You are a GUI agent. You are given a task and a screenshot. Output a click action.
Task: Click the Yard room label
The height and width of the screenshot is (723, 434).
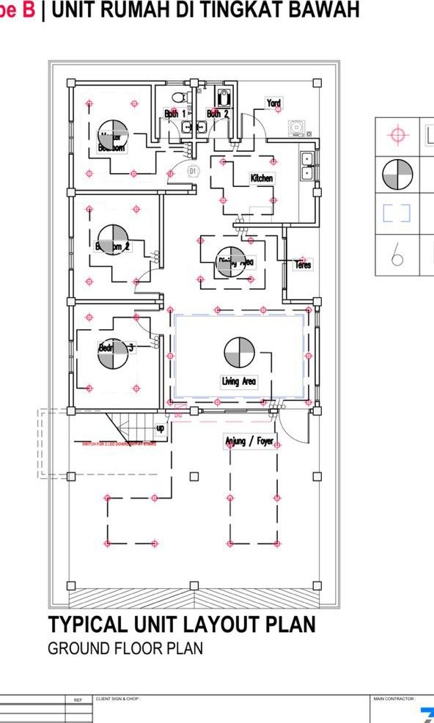click(273, 103)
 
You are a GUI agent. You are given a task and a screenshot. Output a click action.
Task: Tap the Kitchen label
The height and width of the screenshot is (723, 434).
click(262, 178)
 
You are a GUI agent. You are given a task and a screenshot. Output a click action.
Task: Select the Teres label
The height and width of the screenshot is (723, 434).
click(302, 265)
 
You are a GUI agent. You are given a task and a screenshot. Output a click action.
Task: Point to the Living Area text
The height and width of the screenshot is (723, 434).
click(239, 381)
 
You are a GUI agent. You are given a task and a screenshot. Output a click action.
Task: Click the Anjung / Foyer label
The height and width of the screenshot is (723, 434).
click(249, 441)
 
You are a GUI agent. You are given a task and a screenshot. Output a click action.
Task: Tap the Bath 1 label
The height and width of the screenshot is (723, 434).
click(174, 114)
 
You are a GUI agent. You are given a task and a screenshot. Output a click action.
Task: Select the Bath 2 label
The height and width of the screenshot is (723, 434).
click(217, 114)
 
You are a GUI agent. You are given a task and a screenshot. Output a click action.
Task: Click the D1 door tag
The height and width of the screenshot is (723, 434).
click(194, 171)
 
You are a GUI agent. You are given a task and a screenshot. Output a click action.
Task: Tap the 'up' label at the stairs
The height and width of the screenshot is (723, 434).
click(161, 427)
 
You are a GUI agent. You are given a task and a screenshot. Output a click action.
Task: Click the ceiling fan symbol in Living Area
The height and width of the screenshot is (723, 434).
click(239, 353)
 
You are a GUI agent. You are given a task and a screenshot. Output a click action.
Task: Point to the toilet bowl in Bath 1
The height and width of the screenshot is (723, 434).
click(177, 98)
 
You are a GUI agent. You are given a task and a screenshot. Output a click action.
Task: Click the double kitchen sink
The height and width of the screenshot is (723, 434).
click(307, 166)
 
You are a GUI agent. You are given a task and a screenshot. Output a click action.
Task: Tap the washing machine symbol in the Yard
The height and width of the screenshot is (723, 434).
click(296, 128)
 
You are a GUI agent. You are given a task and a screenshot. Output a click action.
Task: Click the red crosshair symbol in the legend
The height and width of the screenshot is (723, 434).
click(397, 136)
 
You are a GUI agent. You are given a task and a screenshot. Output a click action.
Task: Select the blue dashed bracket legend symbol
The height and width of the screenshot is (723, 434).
click(397, 213)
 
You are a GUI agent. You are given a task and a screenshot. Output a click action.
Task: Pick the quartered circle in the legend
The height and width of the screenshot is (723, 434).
click(397, 174)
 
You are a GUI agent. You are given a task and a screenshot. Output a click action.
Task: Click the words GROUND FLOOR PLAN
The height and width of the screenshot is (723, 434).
click(125, 648)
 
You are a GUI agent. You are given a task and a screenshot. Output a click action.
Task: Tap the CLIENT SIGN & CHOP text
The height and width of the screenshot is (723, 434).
click(117, 700)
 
